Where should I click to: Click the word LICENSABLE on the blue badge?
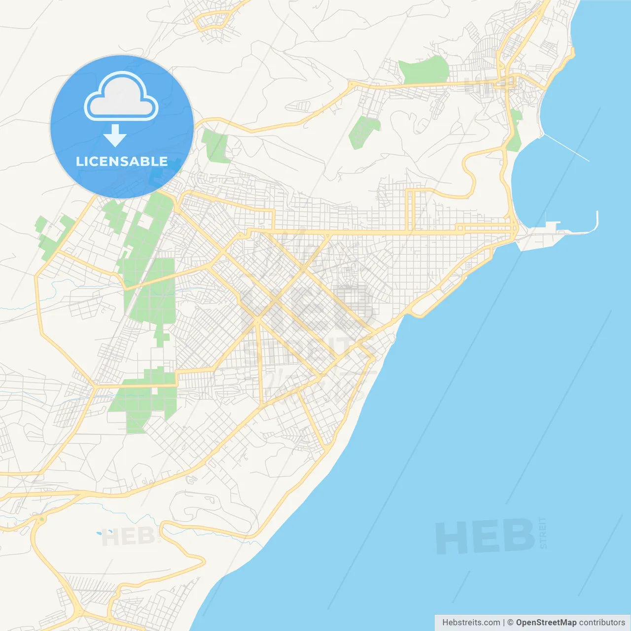click(122, 161)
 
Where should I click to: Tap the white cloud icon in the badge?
click(121, 97)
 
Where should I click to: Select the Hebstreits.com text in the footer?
click(471, 623)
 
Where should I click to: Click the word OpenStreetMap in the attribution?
click(546, 623)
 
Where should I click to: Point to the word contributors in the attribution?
click(602, 623)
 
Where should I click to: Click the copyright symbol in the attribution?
click(510, 623)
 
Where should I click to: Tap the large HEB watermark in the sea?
click(485, 536)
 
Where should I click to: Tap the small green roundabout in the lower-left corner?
click(42, 519)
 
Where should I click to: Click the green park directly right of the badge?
click(215, 145)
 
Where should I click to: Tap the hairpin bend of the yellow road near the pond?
click(202, 560)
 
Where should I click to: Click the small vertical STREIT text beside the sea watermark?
click(543, 532)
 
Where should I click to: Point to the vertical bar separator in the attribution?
click(503, 623)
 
